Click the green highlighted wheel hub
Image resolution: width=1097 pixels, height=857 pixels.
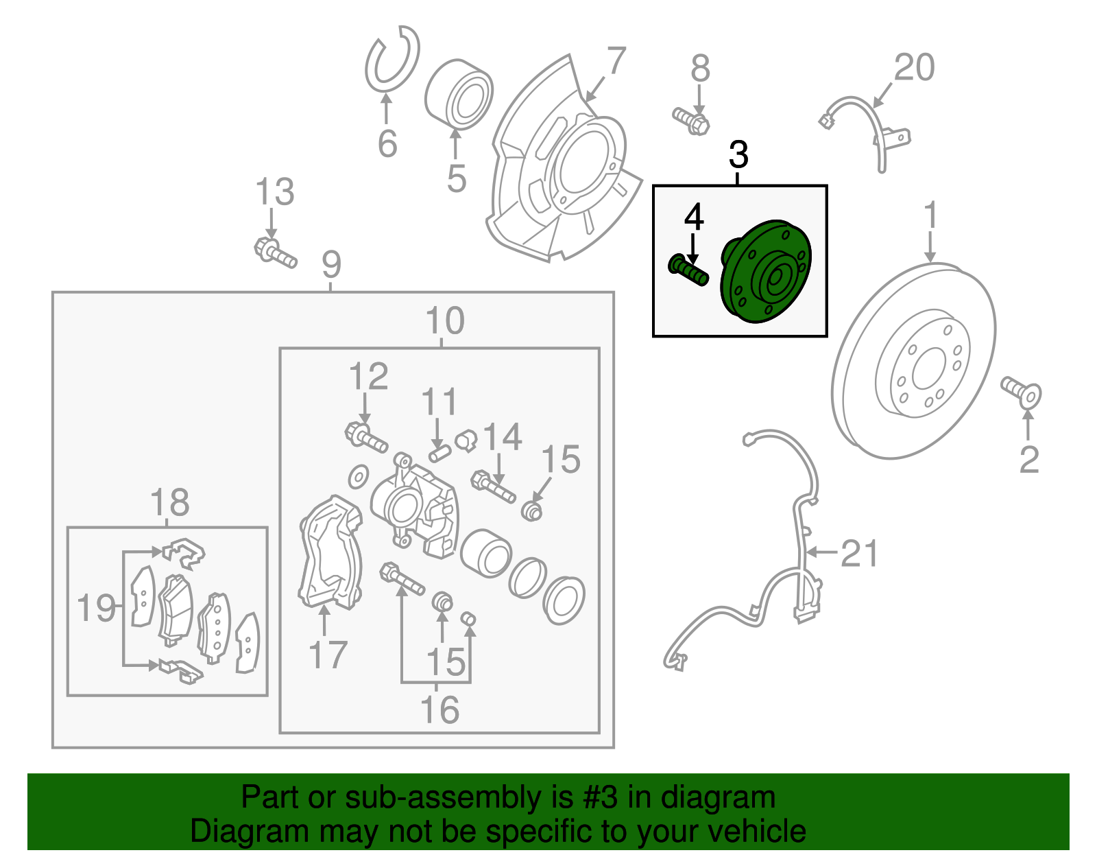(766, 271)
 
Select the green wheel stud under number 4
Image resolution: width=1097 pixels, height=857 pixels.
(688, 270)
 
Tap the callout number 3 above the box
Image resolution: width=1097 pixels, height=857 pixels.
(738, 155)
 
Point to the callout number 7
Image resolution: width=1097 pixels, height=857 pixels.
(616, 61)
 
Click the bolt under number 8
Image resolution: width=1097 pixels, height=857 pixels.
(691, 121)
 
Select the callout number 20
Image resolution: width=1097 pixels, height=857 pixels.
(914, 67)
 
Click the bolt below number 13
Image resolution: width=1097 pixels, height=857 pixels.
(275, 252)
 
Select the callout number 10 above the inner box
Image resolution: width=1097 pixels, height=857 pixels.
(445, 320)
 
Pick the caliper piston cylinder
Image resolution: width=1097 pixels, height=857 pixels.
(485, 552)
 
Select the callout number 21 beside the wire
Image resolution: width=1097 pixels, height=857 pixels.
(858, 553)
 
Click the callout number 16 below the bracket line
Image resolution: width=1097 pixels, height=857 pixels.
(439, 709)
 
